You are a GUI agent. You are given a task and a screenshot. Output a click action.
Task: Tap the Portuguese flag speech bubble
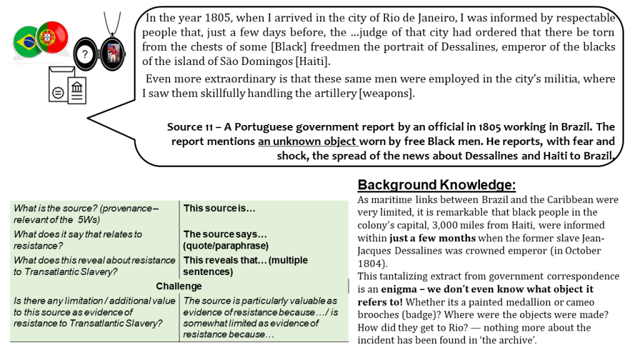[52, 37]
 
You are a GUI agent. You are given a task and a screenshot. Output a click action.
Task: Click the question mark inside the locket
[86, 54]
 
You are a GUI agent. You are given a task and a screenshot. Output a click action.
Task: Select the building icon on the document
[77, 89]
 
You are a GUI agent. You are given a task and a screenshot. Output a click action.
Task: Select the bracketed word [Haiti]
[311, 61]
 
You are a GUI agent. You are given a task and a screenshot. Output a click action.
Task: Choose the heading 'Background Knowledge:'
[437, 185]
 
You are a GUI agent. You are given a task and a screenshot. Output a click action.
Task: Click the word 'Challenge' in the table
[179, 286]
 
